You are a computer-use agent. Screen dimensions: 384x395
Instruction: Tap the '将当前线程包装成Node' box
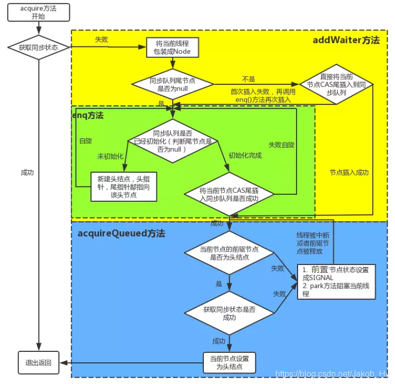170,48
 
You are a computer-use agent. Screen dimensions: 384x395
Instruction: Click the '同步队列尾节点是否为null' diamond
172,84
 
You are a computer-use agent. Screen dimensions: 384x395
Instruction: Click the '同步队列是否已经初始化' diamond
173,141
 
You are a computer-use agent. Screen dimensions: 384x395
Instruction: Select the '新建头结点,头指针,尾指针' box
124,186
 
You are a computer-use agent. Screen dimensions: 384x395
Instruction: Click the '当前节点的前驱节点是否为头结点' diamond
229,252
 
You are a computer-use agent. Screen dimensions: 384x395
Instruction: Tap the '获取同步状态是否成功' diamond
229,313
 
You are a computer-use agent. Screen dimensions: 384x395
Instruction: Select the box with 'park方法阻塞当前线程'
336,281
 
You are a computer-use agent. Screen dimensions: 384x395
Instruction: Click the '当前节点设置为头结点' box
229,362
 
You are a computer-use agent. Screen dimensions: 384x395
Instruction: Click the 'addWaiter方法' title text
345,40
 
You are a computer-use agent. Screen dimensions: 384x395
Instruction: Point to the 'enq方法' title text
88,115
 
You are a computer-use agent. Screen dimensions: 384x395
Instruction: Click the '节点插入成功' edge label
349,173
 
